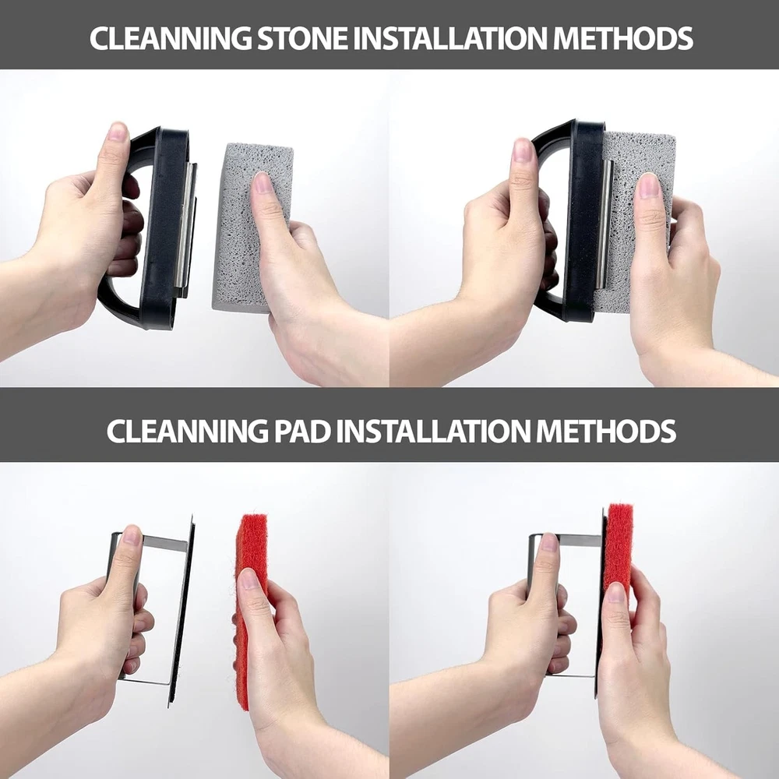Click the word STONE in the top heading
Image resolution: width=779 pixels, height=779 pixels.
click(301, 38)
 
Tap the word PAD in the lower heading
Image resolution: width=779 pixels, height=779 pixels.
click(302, 431)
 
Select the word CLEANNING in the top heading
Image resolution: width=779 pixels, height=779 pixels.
click(171, 38)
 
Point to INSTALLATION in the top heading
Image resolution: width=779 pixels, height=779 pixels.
click(449, 38)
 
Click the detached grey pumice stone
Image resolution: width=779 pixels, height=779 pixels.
click(252, 227)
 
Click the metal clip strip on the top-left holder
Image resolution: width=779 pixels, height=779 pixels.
click(186, 226)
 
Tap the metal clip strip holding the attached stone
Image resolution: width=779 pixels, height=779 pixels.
click(604, 224)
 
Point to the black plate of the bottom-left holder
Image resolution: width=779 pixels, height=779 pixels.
click(181, 611)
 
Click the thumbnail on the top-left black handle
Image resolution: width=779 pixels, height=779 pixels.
click(118, 133)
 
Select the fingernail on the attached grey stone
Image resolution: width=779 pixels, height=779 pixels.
click(648, 185)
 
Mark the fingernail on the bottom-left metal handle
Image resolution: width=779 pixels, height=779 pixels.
click(132, 536)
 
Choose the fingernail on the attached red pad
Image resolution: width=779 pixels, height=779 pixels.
click(615, 592)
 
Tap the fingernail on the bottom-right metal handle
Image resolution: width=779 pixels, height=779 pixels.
click(549, 542)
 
